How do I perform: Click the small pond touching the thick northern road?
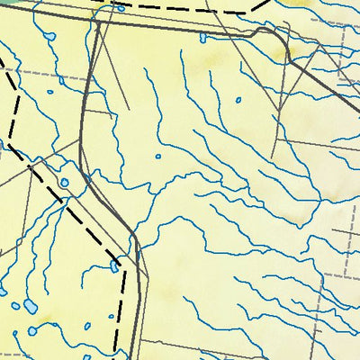pyautogui.click(x=202, y=38)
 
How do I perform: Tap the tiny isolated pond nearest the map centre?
pyautogui.click(x=158, y=157)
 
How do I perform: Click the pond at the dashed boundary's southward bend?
pyautogui.click(x=115, y=265)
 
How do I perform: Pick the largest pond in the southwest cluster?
pyautogui.click(x=31, y=306)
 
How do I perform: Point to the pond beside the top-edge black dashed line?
pyautogui.click(x=120, y=8)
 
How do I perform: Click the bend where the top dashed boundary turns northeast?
pyautogui.click(x=250, y=12)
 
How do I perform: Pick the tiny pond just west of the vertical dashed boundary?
pyautogui.click(x=87, y=325)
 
